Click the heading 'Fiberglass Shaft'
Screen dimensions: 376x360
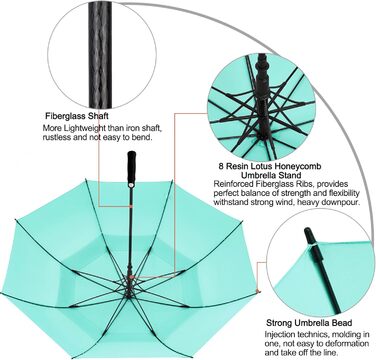tap(77, 116)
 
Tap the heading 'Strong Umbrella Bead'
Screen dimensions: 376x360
tap(309, 323)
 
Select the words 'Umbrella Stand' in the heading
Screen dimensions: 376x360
tap(271, 175)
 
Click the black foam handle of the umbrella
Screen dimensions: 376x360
tap(132, 168)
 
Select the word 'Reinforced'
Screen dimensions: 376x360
tap(230, 184)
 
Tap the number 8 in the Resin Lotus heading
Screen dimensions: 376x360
tap(221, 166)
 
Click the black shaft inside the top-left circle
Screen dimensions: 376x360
tap(100, 53)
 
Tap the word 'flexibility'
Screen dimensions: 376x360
tap(343, 193)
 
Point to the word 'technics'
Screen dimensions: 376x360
tap(307, 334)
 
